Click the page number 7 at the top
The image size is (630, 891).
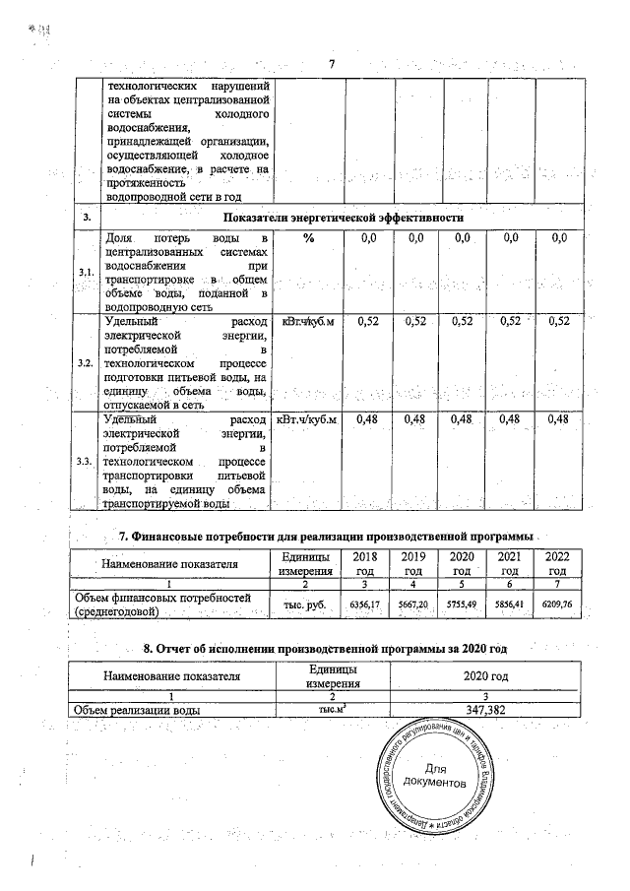point(333,66)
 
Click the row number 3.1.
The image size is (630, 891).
point(86,273)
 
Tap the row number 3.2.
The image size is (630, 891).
point(86,363)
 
